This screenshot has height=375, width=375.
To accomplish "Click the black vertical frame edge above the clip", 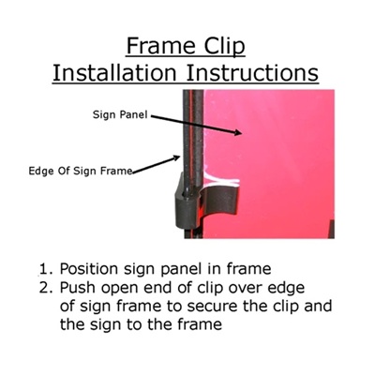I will [193, 131].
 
